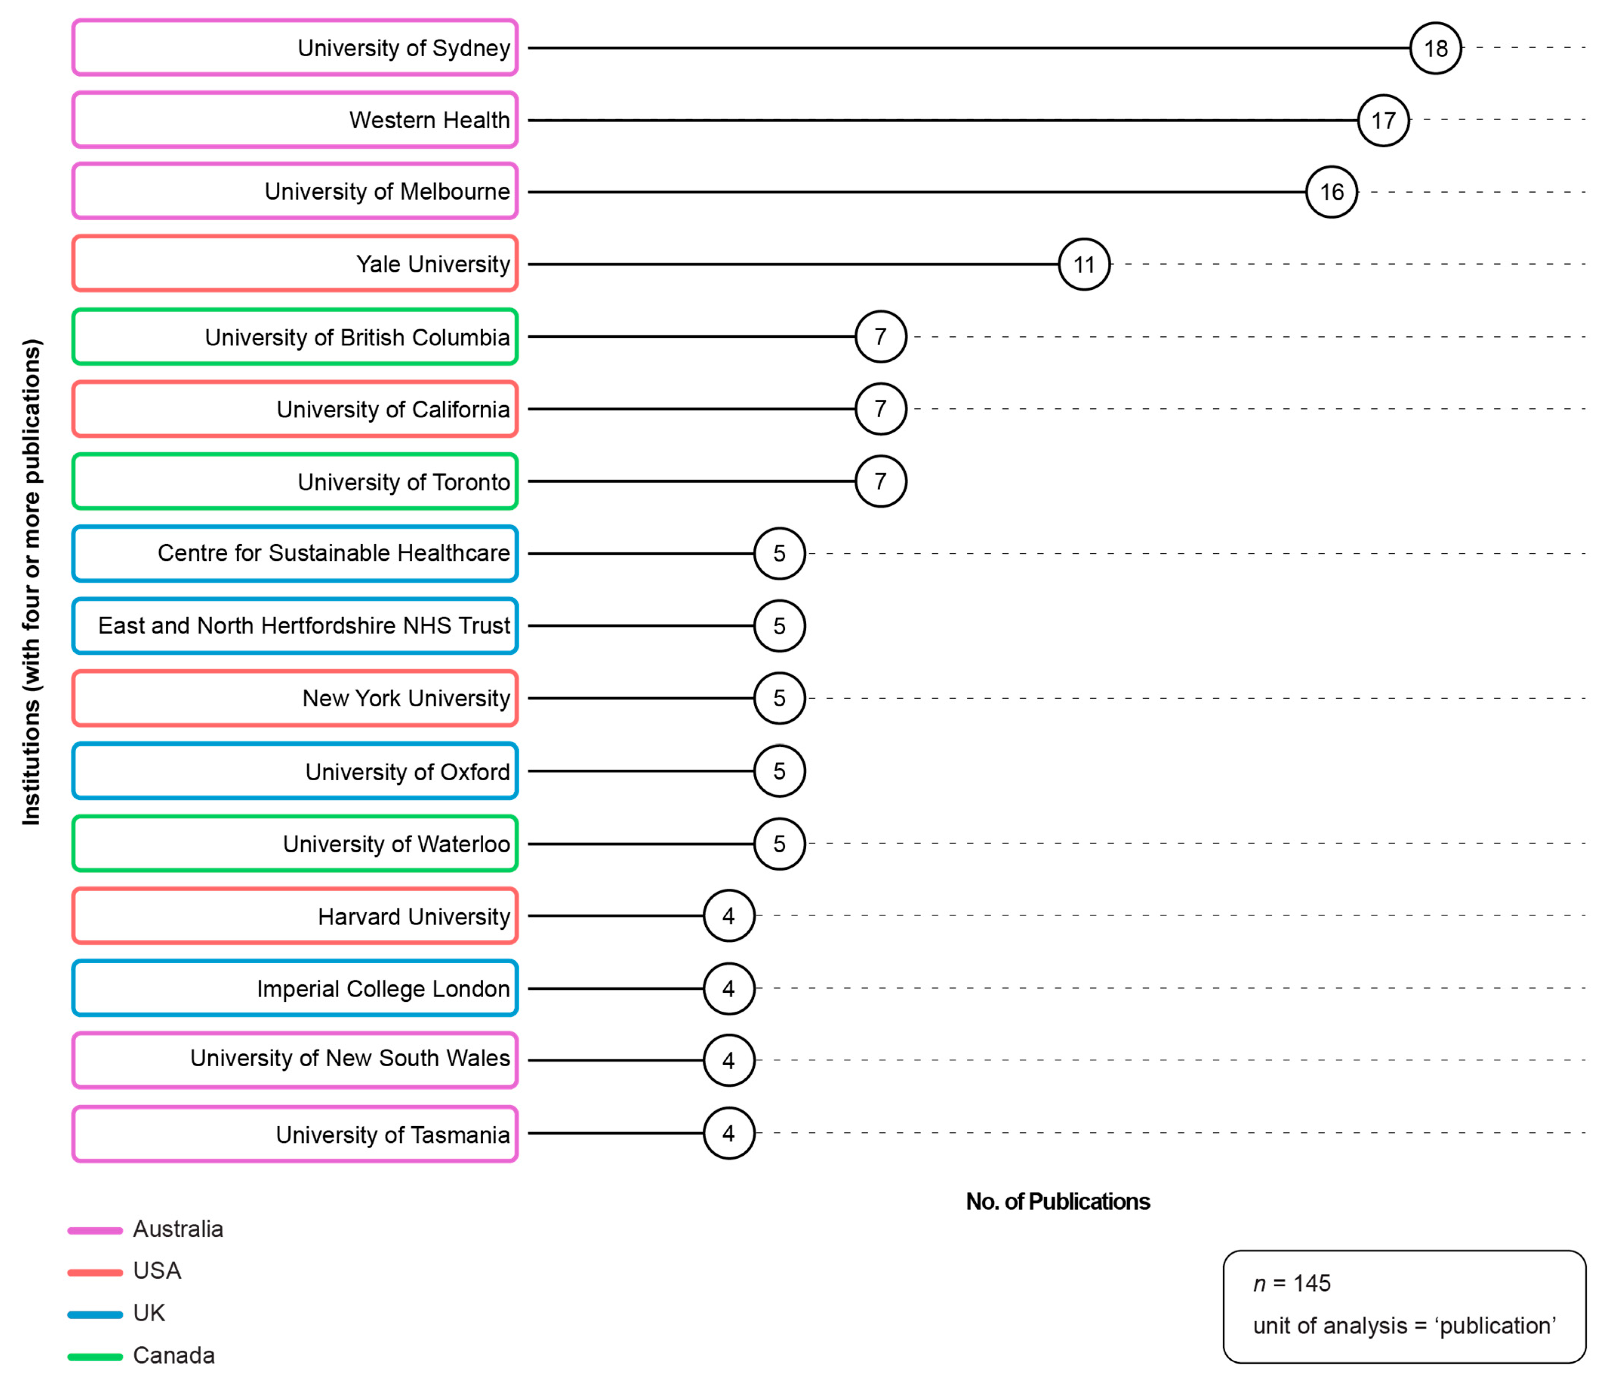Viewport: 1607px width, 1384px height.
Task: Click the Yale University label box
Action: (x=295, y=264)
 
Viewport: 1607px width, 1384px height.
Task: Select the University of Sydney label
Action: (x=295, y=47)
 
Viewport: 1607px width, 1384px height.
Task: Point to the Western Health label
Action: (x=295, y=120)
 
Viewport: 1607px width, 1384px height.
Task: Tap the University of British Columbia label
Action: (x=295, y=337)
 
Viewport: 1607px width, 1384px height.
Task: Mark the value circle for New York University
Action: (x=780, y=698)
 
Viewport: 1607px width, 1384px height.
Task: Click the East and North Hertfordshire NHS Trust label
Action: (x=295, y=626)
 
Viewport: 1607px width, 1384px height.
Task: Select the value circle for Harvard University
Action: (x=728, y=916)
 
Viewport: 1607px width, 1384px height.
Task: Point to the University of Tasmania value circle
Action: (x=728, y=1133)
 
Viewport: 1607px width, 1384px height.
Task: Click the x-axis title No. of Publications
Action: (x=1057, y=1201)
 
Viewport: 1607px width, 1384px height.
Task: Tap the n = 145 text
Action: (x=1291, y=1283)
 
